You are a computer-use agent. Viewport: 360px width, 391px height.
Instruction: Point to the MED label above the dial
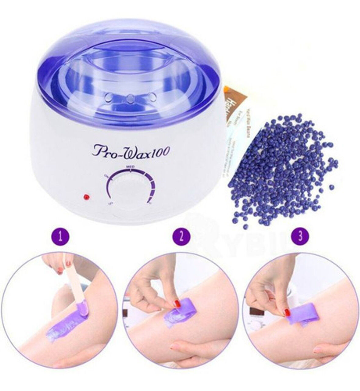pos(130,167)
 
